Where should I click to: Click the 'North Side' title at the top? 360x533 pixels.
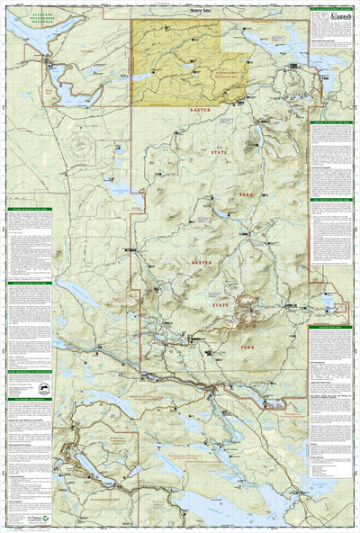(176, 10)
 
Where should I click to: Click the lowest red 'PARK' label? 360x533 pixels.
(249, 345)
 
